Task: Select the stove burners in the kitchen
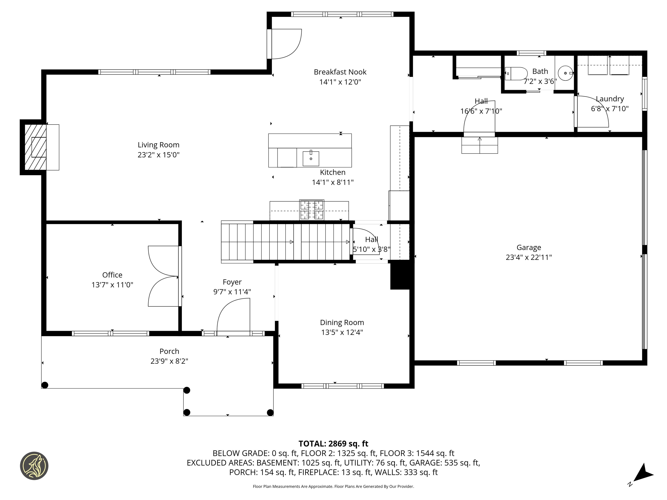coord(312,210)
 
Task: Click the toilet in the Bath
coord(516,74)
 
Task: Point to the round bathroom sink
coord(565,73)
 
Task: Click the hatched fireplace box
coord(35,147)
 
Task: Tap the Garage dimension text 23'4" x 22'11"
coord(529,257)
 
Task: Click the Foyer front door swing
coord(233,315)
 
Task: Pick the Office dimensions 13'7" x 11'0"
coord(112,285)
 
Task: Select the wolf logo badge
coord(34,466)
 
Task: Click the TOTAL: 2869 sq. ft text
coord(333,444)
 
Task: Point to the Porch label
coord(169,351)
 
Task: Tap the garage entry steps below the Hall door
coord(479,145)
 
